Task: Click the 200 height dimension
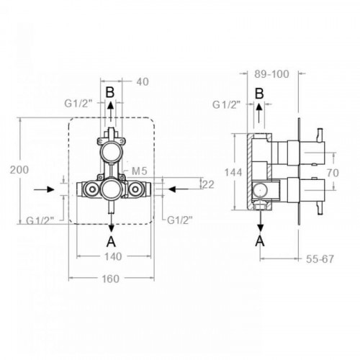(x=19, y=170)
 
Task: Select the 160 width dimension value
(x=110, y=279)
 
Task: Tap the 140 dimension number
(x=113, y=256)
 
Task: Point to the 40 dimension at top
(x=143, y=82)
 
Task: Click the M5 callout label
(x=140, y=171)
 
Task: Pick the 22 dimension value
(x=208, y=184)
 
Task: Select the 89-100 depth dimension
(x=271, y=74)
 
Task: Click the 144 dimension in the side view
(x=233, y=172)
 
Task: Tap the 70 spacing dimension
(x=333, y=173)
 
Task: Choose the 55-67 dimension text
(x=320, y=259)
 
